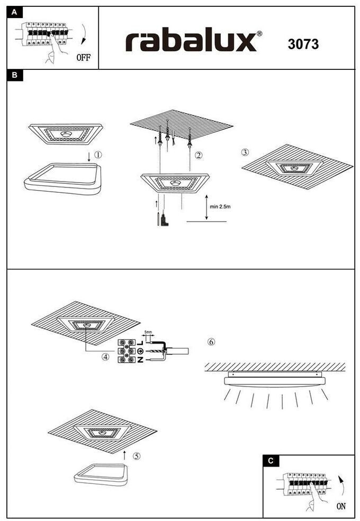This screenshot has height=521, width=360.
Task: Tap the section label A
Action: click(x=14, y=12)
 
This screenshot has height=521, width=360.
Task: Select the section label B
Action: click(x=14, y=75)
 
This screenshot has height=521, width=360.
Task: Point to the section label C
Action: click(x=271, y=461)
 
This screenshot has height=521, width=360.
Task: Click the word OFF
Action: click(x=84, y=57)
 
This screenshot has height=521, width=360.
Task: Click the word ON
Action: click(x=341, y=506)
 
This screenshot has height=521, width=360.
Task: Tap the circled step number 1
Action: click(x=98, y=156)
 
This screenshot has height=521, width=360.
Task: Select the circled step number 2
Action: click(x=198, y=156)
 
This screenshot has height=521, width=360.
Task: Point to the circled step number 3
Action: click(x=245, y=152)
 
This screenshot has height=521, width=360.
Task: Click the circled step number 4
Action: click(x=106, y=357)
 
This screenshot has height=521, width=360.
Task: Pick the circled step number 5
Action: click(x=136, y=456)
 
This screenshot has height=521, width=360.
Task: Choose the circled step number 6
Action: click(x=211, y=342)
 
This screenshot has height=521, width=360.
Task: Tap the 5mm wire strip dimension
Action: click(x=149, y=333)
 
